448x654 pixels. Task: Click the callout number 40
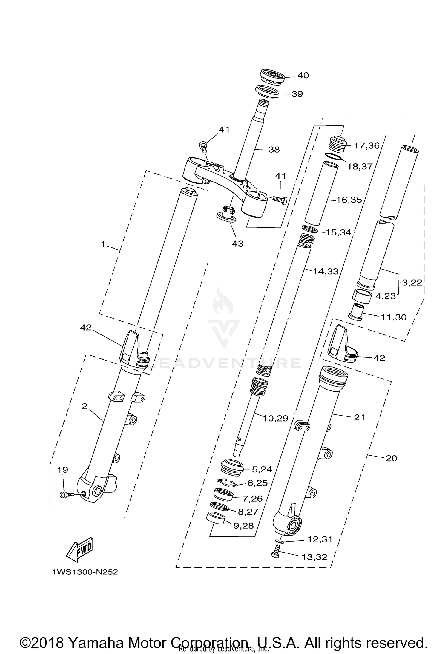tap(303, 75)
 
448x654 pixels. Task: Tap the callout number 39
tap(297, 94)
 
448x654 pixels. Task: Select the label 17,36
tap(367, 146)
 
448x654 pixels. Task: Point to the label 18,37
tap(360, 166)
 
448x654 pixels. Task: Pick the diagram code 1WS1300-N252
tap(85, 572)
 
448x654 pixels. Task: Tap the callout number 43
tap(238, 244)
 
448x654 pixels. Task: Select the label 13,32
tap(314, 557)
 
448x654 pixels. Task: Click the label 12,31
tap(320, 539)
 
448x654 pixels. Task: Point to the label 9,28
tap(243, 526)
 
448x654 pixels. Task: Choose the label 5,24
tap(262, 469)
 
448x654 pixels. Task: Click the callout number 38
tap(274, 149)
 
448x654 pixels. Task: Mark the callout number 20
tap(391, 458)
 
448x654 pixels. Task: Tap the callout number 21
tap(359, 417)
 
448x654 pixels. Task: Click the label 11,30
tap(394, 317)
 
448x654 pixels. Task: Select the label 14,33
tap(326, 271)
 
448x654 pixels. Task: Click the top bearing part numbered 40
tap(272, 77)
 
